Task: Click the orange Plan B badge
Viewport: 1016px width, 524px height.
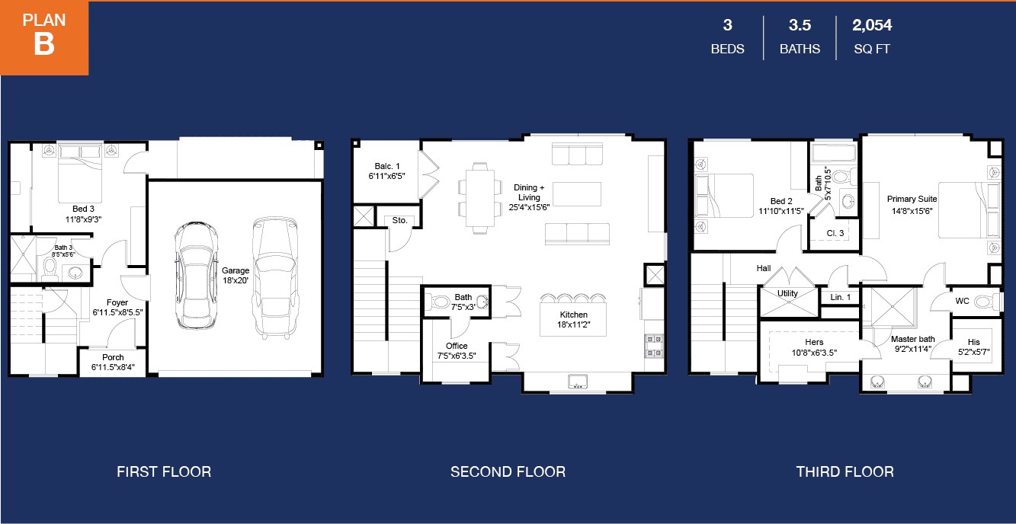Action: pyautogui.click(x=44, y=37)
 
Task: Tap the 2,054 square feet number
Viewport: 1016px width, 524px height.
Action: pyautogui.click(x=872, y=25)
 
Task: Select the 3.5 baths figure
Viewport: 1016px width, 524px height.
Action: pyautogui.click(x=800, y=25)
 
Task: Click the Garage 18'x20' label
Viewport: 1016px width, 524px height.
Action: pyautogui.click(x=236, y=275)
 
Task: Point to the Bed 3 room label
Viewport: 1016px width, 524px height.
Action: pyautogui.click(x=83, y=214)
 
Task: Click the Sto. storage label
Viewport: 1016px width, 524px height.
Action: pyautogui.click(x=399, y=220)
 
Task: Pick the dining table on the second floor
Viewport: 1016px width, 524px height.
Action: pyautogui.click(x=480, y=199)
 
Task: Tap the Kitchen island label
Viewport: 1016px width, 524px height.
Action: pyautogui.click(x=574, y=320)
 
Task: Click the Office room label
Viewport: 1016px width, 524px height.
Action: pyautogui.click(x=457, y=351)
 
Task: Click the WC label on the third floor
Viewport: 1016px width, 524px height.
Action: pyautogui.click(x=962, y=301)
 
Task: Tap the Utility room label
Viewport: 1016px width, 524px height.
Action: pyautogui.click(x=787, y=293)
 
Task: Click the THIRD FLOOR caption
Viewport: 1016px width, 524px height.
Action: pyautogui.click(x=845, y=472)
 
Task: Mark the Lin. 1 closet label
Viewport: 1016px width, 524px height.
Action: pyautogui.click(x=841, y=297)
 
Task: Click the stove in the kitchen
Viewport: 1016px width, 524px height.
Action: pyautogui.click(x=654, y=346)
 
